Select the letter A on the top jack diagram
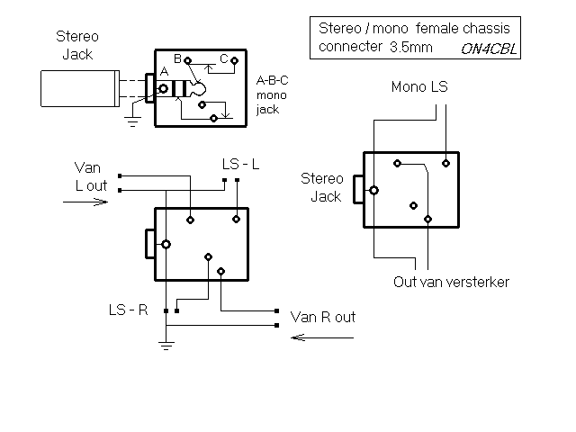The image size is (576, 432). click(x=163, y=72)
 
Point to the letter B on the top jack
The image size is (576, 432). click(x=177, y=58)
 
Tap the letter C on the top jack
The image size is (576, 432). click(x=223, y=58)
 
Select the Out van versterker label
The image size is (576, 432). click(x=452, y=282)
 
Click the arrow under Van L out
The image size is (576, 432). click(x=85, y=202)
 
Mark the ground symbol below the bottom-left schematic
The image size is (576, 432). click(x=166, y=342)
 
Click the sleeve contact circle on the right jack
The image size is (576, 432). click(x=373, y=190)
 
